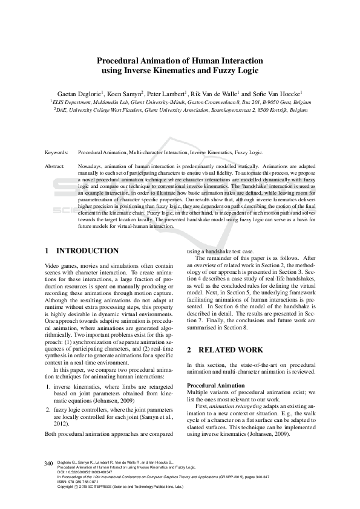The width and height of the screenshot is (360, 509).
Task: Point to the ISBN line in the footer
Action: tap(82, 482)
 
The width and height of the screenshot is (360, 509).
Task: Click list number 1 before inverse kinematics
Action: tap(48, 386)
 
